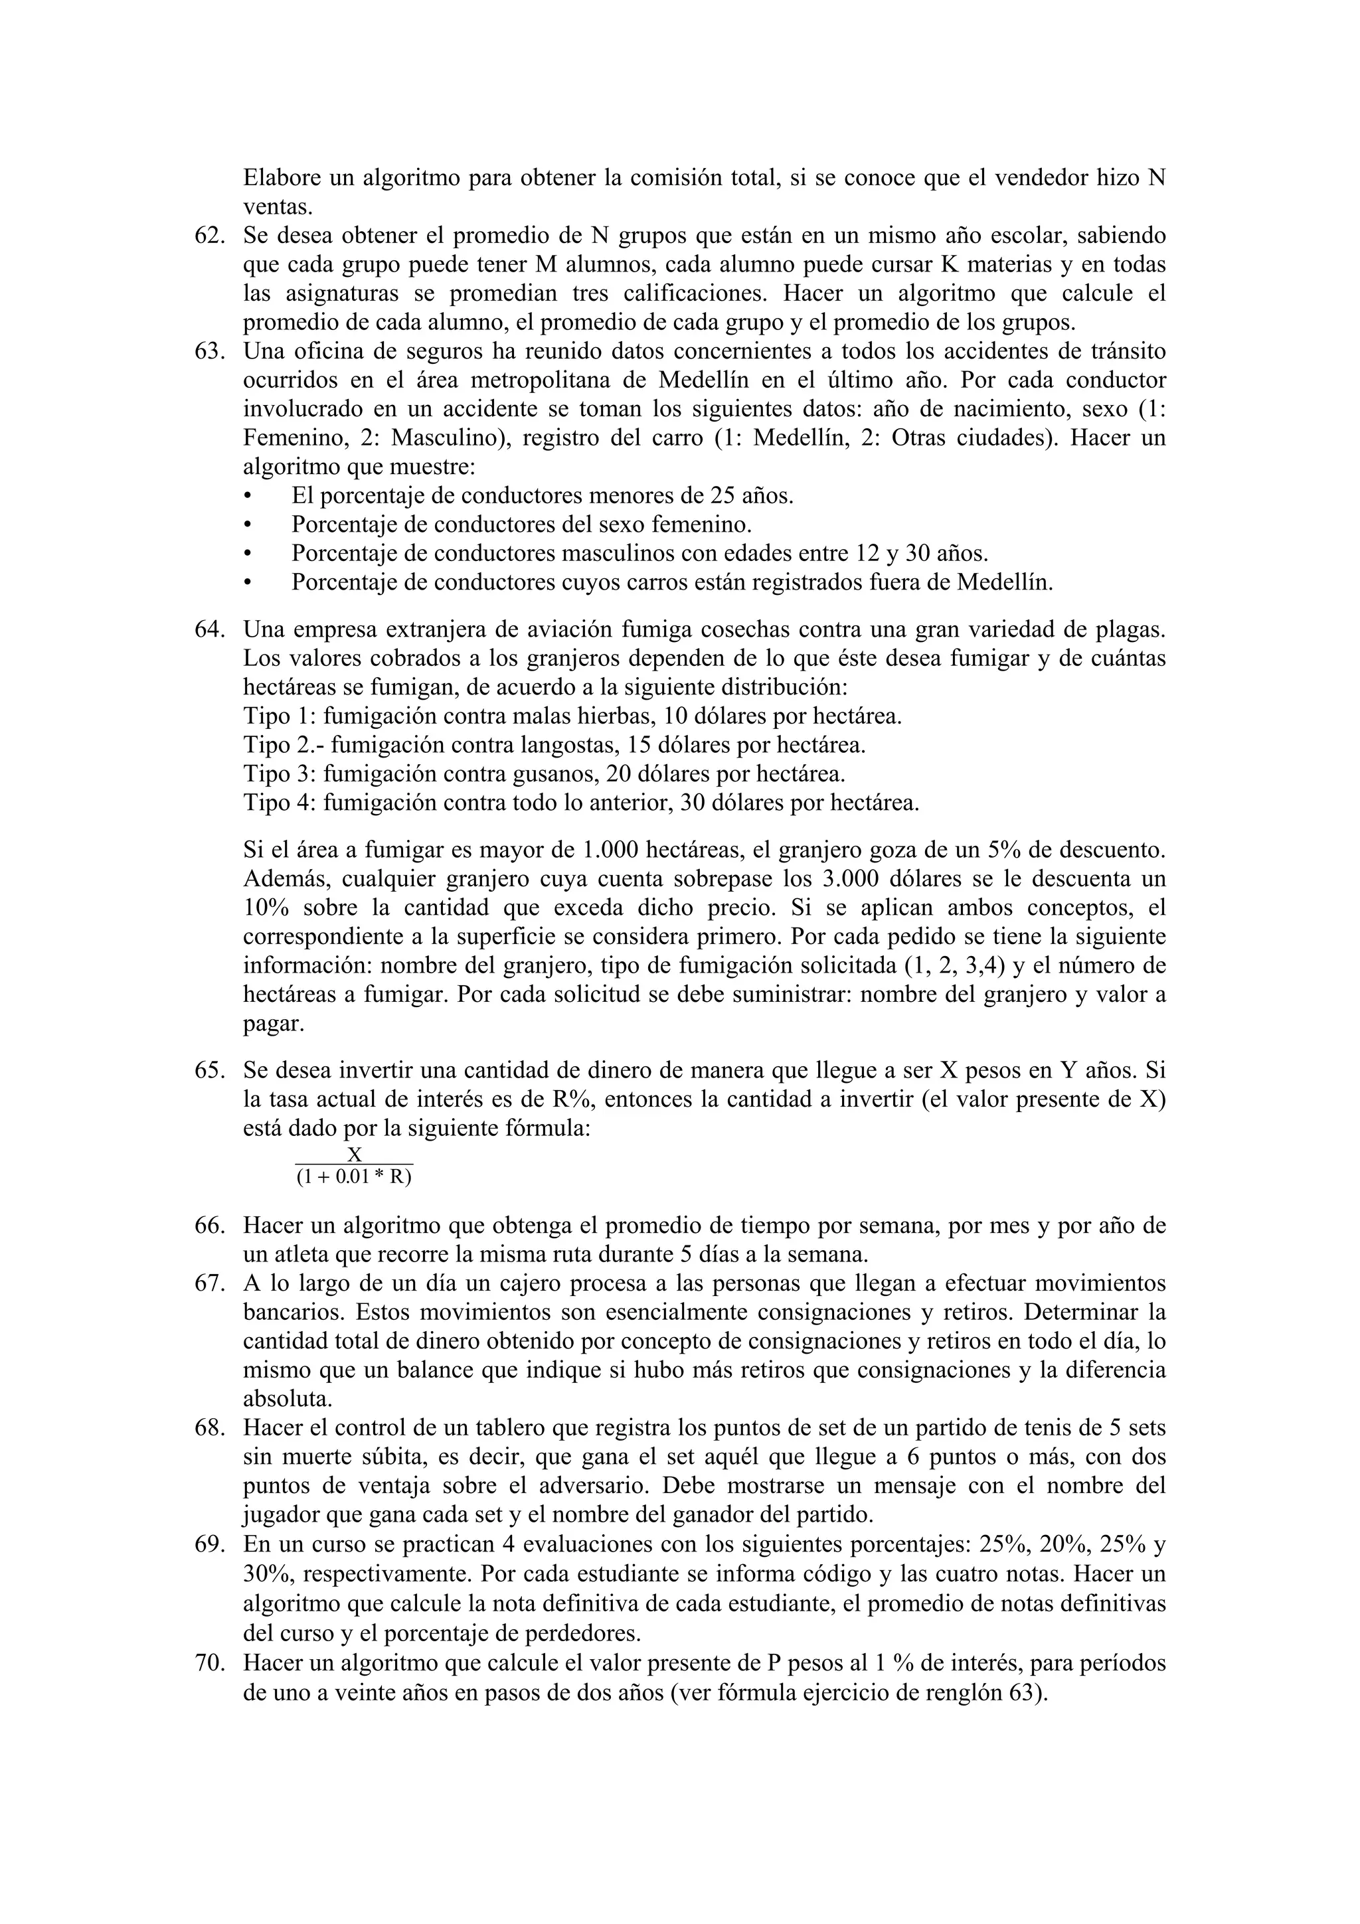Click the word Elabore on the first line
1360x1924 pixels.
(x=281, y=179)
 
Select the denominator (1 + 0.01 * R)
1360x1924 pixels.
(x=354, y=1176)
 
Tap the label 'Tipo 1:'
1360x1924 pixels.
(x=280, y=716)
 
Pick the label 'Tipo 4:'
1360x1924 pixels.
(x=280, y=803)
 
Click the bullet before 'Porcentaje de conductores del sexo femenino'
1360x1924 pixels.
(x=247, y=525)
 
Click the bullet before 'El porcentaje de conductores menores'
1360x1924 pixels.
(x=247, y=497)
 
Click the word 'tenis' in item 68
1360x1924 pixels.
(x=1059, y=1427)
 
